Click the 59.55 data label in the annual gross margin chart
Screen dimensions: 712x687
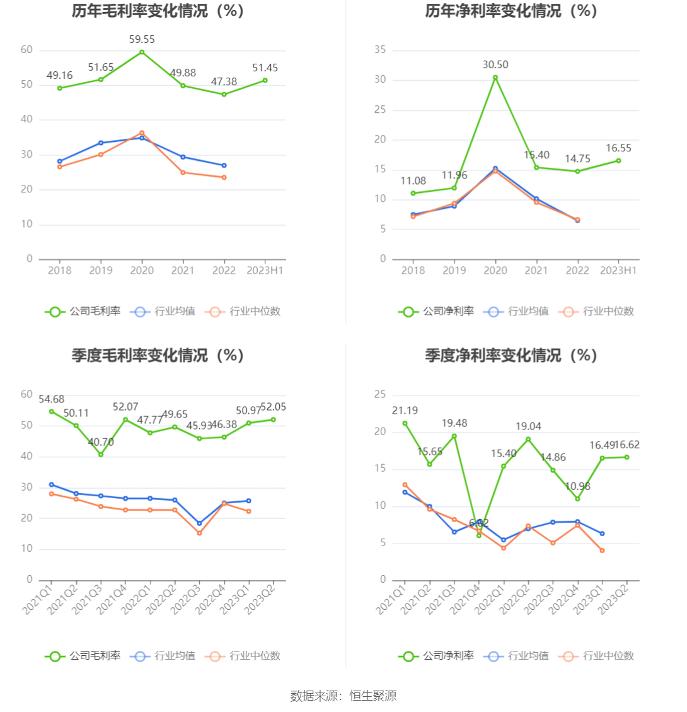(142, 40)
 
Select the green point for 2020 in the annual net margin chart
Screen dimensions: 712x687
(495, 78)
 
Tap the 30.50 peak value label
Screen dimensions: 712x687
(495, 64)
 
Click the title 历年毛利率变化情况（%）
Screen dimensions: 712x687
(158, 11)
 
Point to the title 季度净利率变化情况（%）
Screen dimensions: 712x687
(511, 356)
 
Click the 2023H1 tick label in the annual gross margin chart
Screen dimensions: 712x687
(265, 271)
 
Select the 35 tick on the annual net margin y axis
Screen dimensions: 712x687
(379, 50)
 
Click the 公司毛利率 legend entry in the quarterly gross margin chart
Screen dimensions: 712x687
(83, 656)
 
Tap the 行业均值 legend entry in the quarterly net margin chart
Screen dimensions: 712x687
(517, 656)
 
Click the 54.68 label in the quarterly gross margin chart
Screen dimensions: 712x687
(52, 399)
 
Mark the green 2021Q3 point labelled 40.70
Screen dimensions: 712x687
(101, 455)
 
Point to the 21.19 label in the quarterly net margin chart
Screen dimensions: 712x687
(405, 411)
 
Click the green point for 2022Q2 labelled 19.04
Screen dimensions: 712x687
(528, 439)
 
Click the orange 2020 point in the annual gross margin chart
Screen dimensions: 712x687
(142, 133)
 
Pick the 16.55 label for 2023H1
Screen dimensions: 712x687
(618, 148)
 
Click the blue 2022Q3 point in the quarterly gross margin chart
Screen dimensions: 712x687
(199, 523)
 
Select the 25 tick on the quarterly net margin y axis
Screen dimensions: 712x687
(379, 395)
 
